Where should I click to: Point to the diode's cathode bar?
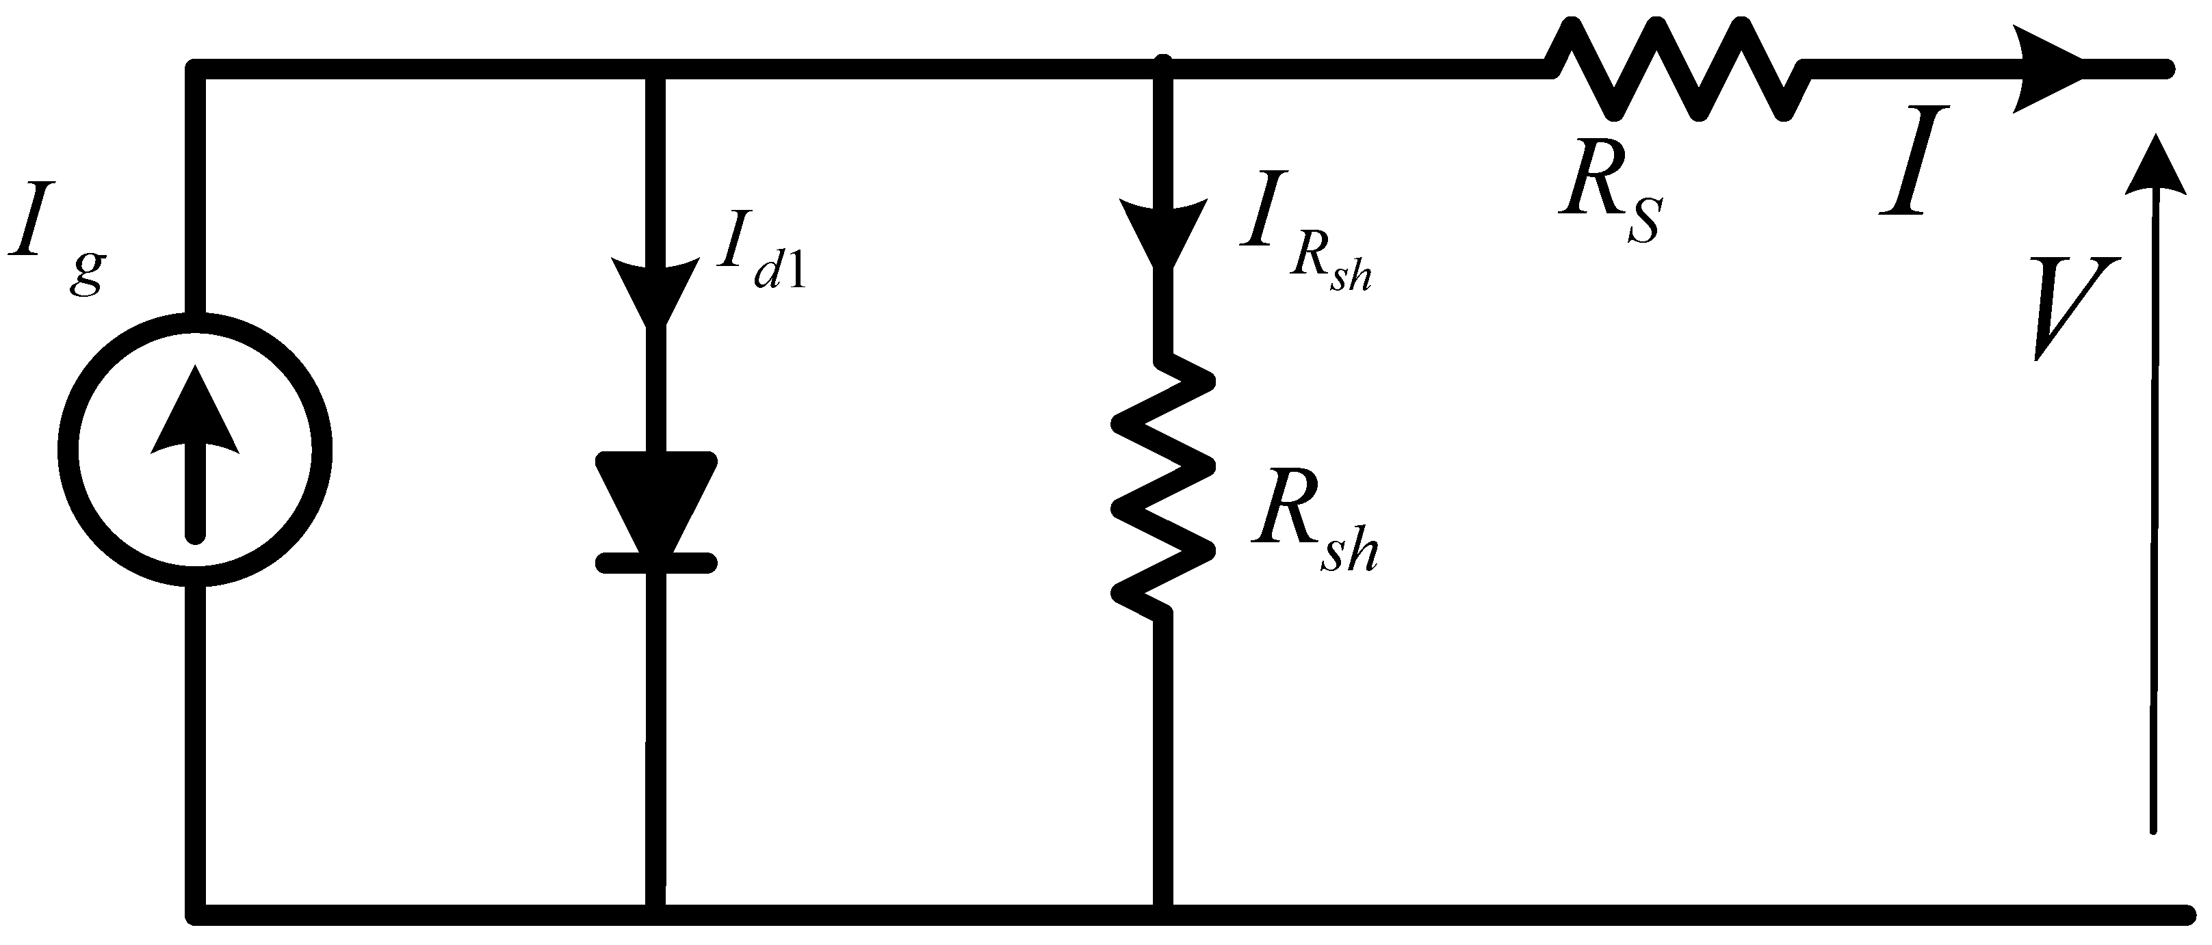tap(656, 562)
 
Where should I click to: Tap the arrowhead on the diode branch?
tap(656, 287)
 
